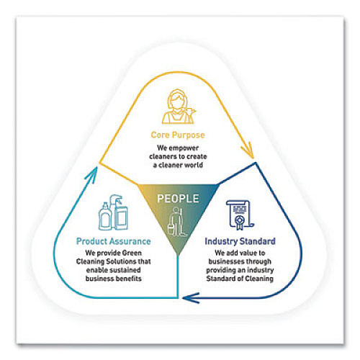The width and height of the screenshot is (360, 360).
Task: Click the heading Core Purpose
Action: tap(178, 135)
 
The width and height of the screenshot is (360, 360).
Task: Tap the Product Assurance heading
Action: tap(114, 241)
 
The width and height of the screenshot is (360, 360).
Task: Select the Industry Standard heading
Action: tap(240, 241)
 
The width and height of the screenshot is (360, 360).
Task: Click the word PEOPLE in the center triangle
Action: tap(178, 199)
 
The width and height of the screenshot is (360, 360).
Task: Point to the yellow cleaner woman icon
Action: tap(179, 107)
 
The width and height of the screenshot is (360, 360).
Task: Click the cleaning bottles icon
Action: tap(113, 212)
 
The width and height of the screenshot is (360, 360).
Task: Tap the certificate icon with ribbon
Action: tap(240, 215)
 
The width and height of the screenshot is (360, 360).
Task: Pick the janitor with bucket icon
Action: tap(177, 222)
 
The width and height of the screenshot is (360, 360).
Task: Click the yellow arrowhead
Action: tap(248, 150)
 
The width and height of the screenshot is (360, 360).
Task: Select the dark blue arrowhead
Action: tap(191, 298)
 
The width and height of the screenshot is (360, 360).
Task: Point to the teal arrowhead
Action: tap(91, 175)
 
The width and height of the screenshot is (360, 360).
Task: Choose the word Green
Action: tap(132, 253)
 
